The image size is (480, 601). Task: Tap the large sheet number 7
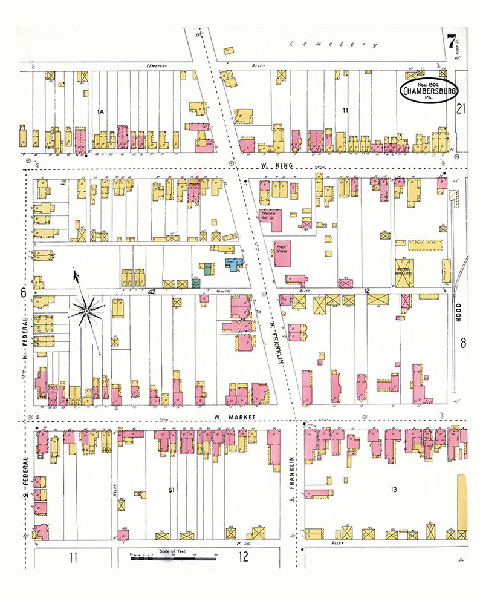coord(452,43)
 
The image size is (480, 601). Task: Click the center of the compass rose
coord(86,310)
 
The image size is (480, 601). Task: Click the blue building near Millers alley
coord(233,263)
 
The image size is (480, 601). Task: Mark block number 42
coord(152,292)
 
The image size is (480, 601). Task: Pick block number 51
coord(172,488)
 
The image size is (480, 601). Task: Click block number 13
coord(395,488)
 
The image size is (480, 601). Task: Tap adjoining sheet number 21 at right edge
coord(462,109)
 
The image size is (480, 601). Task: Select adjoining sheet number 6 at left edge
coord(23,292)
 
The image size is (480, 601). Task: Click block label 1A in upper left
coord(101,111)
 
